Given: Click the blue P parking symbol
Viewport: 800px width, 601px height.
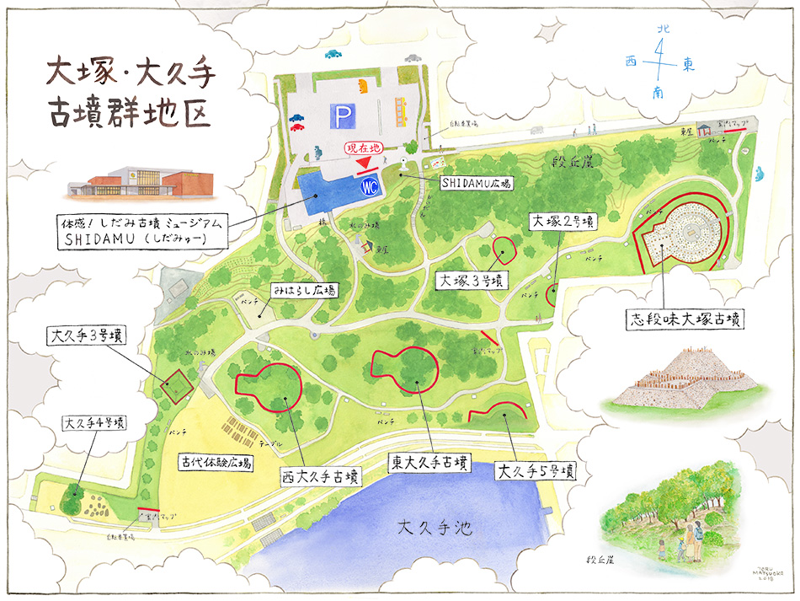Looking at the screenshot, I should (341, 114).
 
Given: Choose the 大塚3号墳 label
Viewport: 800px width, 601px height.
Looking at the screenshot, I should (472, 279).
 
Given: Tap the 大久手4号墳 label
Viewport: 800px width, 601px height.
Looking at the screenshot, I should (94, 422).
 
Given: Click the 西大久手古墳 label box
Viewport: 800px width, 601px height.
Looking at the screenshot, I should (321, 477).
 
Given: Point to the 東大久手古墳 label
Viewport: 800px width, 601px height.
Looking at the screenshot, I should (429, 462).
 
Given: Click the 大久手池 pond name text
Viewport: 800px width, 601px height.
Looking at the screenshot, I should (435, 529).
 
